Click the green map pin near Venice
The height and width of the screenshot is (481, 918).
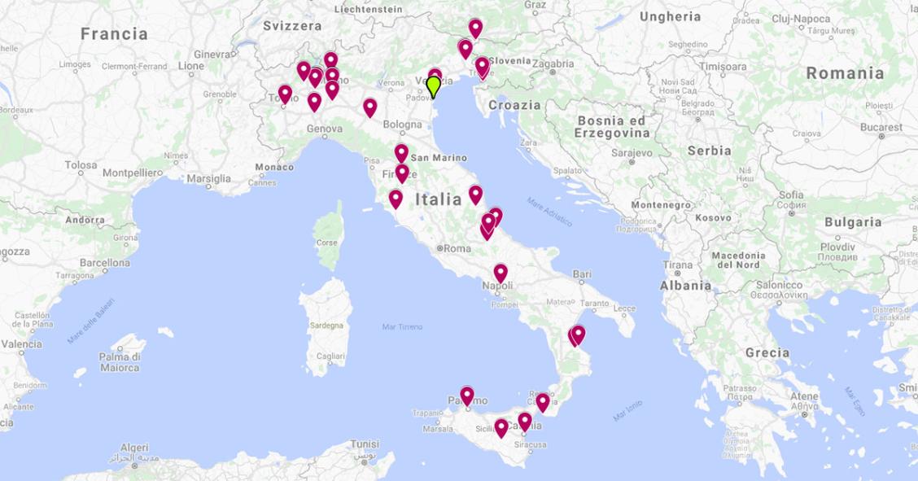tap(434, 85)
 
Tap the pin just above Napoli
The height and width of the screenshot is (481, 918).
tap(501, 273)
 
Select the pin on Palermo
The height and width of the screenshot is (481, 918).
tap(466, 396)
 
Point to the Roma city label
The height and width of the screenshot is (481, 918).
tap(455, 248)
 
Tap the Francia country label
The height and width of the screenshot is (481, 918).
tap(114, 34)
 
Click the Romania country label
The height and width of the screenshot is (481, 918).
tap(845, 73)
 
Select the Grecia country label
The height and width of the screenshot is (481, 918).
tap(767, 353)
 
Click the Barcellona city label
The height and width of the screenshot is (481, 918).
tap(105, 263)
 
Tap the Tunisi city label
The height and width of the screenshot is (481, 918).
tap(364, 444)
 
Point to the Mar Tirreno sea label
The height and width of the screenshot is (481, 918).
tap(402, 326)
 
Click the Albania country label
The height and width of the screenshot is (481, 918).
tap(685, 286)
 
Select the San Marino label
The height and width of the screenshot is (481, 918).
tap(439, 158)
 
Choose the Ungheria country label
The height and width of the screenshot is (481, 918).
tap(670, 16)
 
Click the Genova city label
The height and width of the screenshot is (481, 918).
tap(325, 129)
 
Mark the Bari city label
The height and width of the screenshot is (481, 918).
tap(582, 274)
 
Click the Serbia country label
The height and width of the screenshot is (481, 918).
tap(709, 151)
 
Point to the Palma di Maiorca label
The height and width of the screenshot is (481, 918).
tap(120, 362)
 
